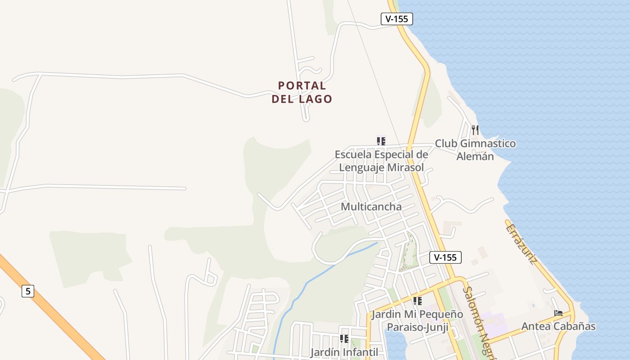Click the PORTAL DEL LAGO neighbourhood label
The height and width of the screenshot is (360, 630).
[301, 92]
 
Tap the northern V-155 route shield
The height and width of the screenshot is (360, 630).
[396, 19]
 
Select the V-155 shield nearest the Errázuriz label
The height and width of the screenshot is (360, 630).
[445, 257]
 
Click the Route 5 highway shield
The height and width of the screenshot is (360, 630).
[28, 291]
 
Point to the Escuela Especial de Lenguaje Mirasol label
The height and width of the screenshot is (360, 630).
[381, 161]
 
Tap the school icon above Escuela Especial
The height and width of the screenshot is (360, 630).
[381, 141]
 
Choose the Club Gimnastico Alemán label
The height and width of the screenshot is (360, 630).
[475, 150]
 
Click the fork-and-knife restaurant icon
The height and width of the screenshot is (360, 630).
[475, 130]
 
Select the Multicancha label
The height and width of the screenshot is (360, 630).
[371, 207]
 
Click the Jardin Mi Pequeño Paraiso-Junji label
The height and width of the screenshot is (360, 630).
[417, 320]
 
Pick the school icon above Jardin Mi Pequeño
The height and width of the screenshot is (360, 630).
[417, 301]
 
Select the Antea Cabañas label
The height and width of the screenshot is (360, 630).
[558, 326]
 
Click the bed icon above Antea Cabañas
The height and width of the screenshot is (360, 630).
[558, 313]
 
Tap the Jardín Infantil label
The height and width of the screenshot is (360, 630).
[344, 352]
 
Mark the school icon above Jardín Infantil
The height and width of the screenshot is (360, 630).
[344, 338]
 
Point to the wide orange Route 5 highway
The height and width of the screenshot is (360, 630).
[54, 310]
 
